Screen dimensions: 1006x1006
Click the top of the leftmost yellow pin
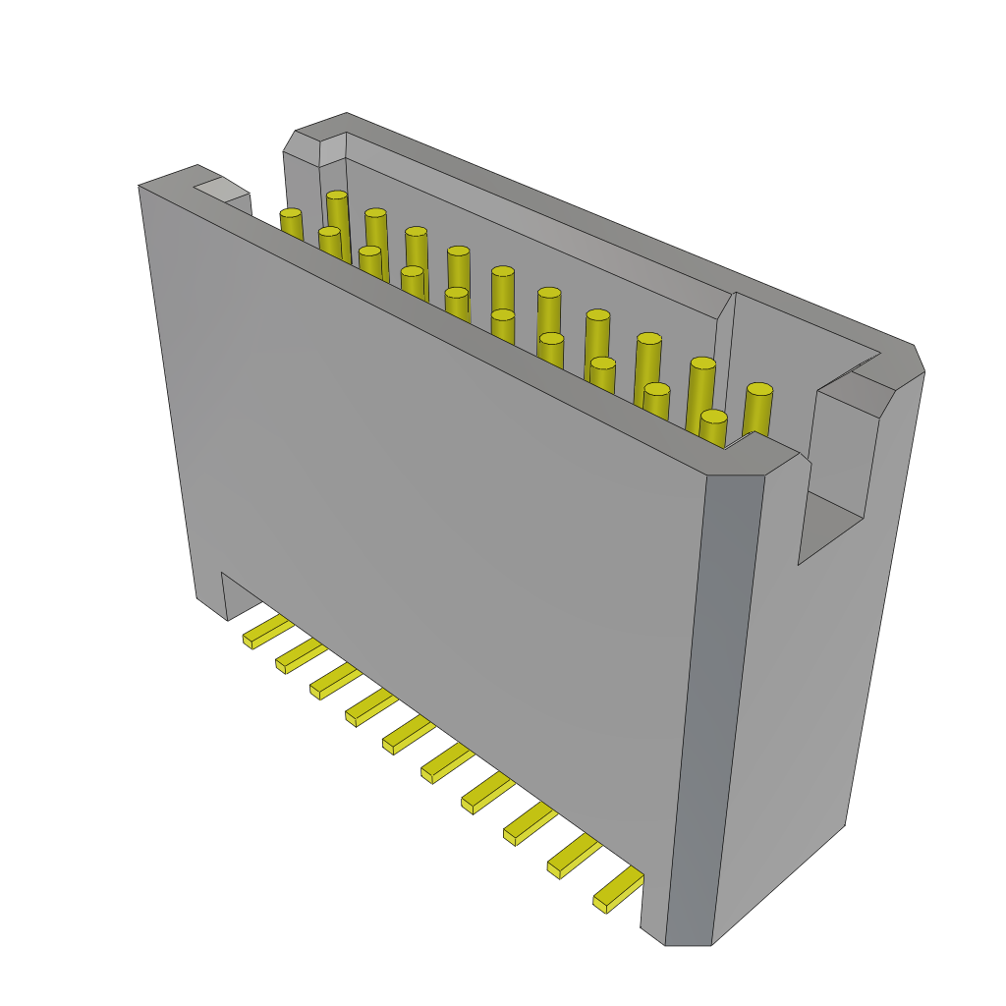[x=290, y=213]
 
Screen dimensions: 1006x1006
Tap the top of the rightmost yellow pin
[x=759, y=390]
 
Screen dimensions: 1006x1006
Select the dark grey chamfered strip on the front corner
[x=715, y=707]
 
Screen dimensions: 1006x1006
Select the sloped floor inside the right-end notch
[x=831, y=526]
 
